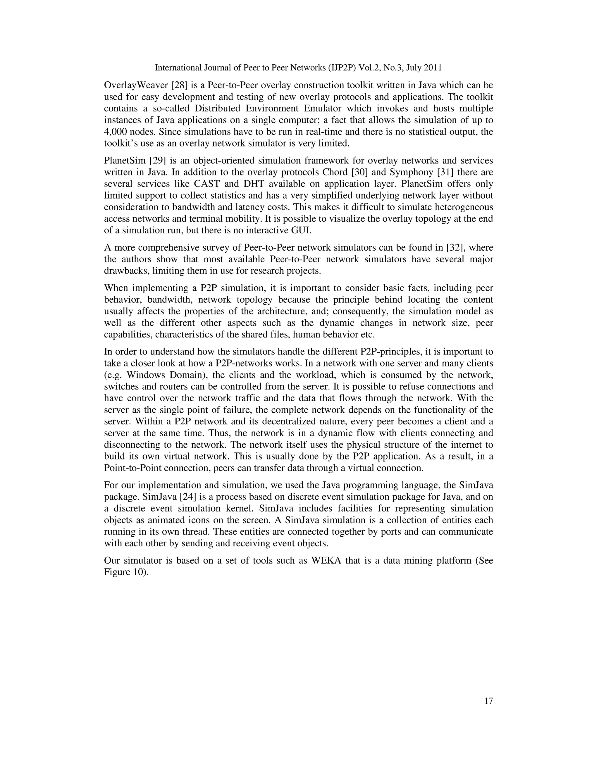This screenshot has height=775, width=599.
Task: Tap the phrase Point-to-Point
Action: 130,468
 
